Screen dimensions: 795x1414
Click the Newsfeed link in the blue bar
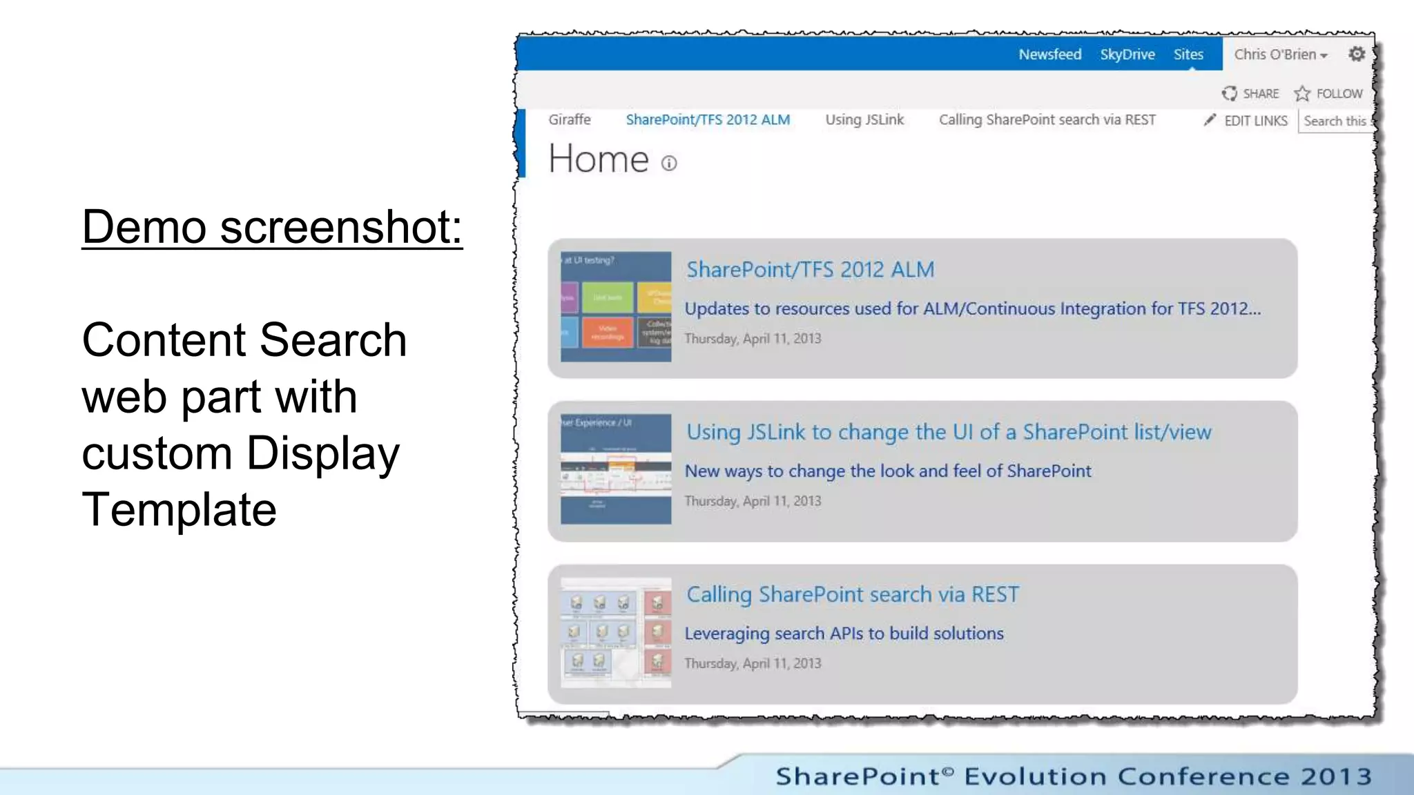coord(1049,55)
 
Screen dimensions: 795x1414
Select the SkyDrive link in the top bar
coord(1127,55)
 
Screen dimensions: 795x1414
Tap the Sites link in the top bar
coord(1188,55)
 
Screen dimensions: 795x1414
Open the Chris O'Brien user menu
coord(1280,55)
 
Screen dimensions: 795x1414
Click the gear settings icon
coord(1357,54)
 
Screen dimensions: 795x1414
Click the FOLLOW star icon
coord(1302,93)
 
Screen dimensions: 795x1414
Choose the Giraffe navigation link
coord(570,119)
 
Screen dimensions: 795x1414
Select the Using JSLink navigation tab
coord(864,119)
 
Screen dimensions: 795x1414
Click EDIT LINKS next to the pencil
coord(1255,121)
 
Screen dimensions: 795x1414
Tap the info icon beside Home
coord(669,163)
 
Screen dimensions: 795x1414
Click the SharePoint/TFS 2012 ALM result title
coord(810,269)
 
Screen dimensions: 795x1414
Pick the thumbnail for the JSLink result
coord(616,469)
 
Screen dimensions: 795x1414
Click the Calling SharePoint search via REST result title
coord(852,594)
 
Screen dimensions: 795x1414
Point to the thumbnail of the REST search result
coord(616,632)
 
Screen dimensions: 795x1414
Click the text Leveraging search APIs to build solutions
coord(844,634)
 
